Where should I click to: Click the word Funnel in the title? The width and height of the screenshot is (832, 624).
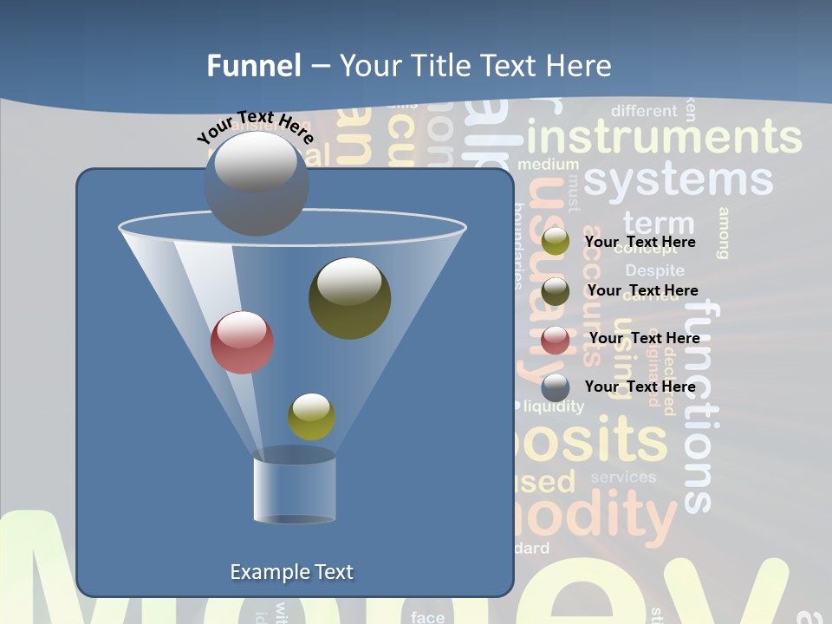click(x=253, y=66)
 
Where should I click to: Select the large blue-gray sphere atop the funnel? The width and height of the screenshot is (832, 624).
click(x=257, y=184)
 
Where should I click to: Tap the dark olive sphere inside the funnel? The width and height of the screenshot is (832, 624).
click(x=350, y=298)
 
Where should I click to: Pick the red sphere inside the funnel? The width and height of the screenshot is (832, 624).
click(x=242, y=342)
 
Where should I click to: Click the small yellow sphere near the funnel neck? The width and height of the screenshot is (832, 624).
click(x=311, y=417)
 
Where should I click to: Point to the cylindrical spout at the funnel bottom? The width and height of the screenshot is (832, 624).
click(x=294, y=487)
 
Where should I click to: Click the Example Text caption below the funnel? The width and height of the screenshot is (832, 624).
click(x=291, y=572)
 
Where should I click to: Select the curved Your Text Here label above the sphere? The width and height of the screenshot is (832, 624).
click(x=256, y=127)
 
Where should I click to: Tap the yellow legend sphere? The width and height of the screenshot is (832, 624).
click(x=556, y=242)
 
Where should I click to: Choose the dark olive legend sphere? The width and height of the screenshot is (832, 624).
click(x=556, y=291)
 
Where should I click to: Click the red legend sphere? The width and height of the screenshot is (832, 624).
click(x=556, y=339)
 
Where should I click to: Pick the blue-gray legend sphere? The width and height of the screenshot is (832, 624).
click(x=556, y=387)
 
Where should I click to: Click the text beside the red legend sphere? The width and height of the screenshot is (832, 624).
click(x=644, y=338)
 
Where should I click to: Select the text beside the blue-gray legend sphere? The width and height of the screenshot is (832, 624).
click(x=640, y=387)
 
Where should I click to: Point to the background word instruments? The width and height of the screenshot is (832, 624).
click(x=664, y=138)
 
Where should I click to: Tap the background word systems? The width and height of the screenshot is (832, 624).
click(x=678, y=179)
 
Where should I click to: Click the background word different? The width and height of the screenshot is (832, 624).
click(x=644, y=111)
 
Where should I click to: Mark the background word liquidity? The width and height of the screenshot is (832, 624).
click(x=554, y=406)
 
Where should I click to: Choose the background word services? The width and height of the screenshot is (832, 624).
click(x=623, y=477)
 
